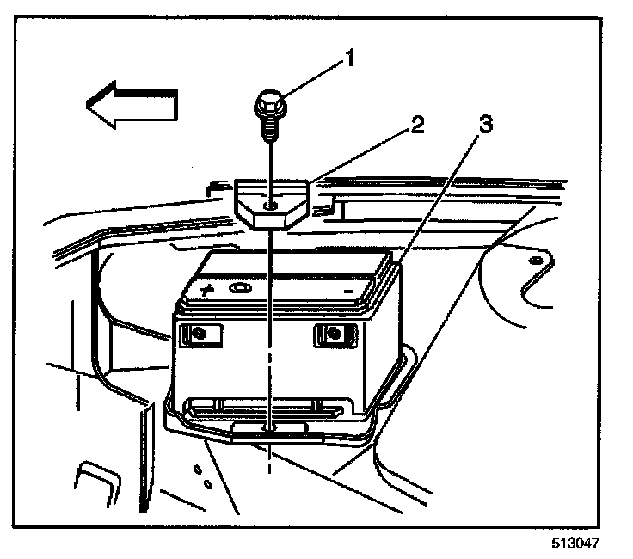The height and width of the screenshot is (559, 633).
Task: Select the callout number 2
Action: pos(416,125)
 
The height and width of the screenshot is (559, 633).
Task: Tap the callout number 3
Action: pos(486,125)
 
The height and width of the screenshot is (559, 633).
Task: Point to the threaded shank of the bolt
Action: pos(268,129)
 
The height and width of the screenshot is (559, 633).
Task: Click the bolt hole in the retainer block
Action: pos(272,206)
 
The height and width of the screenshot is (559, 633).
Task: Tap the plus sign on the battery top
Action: pos(207,290)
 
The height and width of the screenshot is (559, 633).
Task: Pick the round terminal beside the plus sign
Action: pos(242,289)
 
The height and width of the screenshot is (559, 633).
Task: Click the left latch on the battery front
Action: pos(200,334)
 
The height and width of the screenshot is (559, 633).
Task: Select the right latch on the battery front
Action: pos(333,334)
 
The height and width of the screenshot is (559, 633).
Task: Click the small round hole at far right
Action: pos(536,259)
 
